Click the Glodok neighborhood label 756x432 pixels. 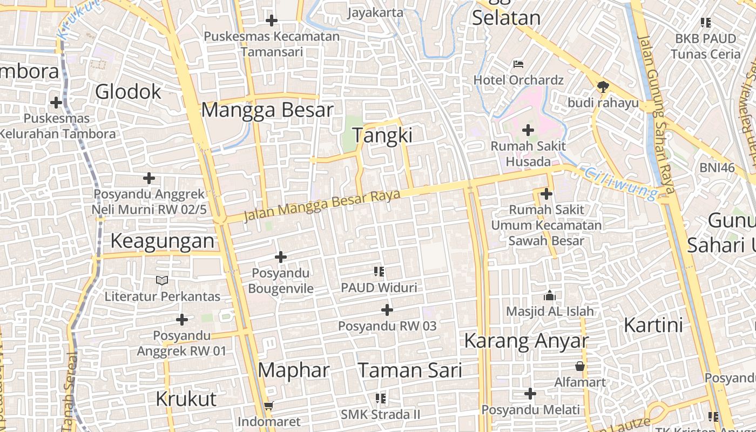click(x=128, y=92)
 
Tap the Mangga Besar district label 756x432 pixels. click(x=267, y=110)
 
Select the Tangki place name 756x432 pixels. click(x=382, y=135)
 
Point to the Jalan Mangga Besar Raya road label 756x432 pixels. click(x=322, y=205)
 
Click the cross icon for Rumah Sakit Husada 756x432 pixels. click(x=528, y=130)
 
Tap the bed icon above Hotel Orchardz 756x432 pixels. click(x=518, y=64)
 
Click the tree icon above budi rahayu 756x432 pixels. click(x=603, y=86)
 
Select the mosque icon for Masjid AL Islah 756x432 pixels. click(x=550, y=295)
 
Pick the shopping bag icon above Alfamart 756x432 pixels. click(x=580, y=367)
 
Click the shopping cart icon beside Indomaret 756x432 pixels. click(x=269, y=406)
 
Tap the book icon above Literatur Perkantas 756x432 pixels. click(x=162, y=280)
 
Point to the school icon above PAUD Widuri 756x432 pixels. click(x=379, y=271)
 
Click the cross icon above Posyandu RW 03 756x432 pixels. click(x=387, y=310)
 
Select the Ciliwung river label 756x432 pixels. click(x=621, y=183)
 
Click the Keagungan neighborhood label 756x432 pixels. click(x=163, y=241)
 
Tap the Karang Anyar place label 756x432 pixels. click(x=526, y=341)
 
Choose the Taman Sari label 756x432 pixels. click(x=410, y=370)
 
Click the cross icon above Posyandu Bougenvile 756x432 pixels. click(x=281, y=257)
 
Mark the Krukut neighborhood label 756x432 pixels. click(x=186, y=399)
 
